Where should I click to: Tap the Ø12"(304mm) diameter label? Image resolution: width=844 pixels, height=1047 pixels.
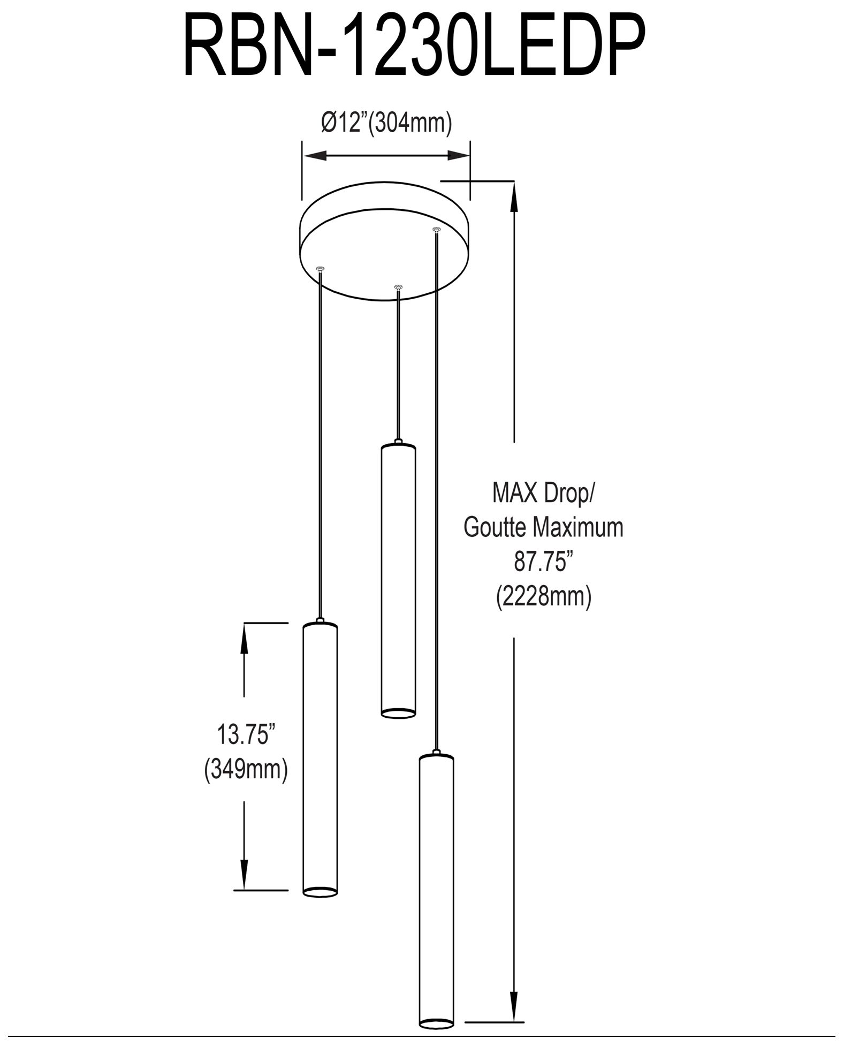(386, 123)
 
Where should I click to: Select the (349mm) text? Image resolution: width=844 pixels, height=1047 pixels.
(246, 770)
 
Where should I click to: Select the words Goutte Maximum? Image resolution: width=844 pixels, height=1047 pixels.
(543, 527)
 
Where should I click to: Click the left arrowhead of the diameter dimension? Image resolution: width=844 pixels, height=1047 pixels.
(315, 156)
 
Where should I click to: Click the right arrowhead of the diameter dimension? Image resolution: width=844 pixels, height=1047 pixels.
(458, 156)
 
